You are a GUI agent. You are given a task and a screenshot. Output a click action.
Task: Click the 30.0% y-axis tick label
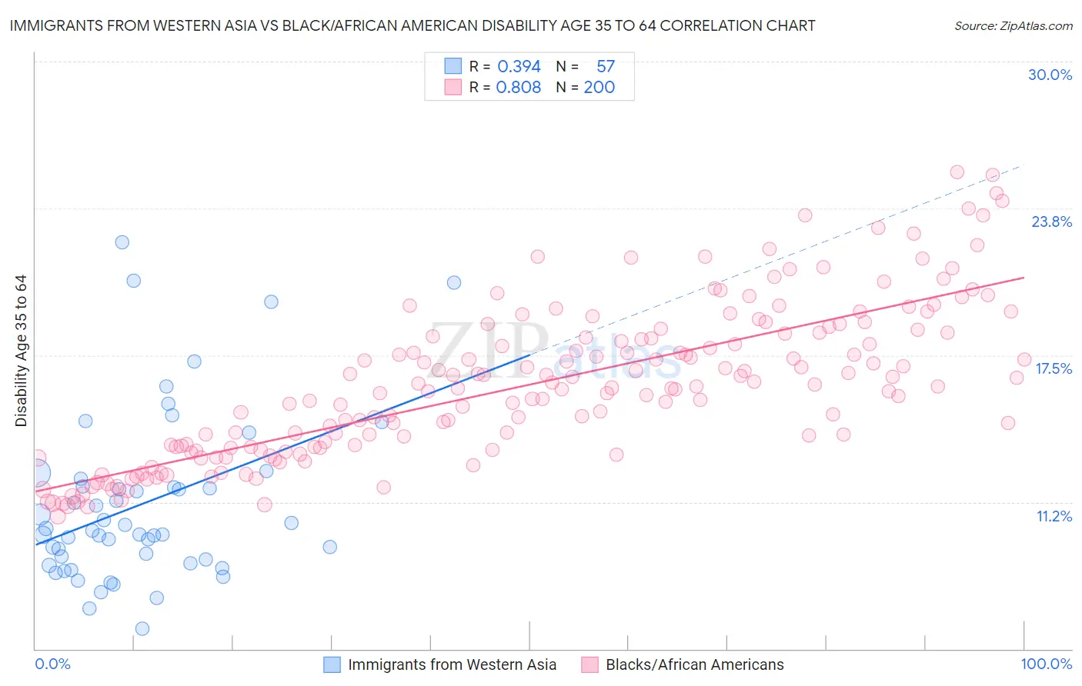(1050, 75)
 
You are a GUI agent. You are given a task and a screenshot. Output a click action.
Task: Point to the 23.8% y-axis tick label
(1051, 221)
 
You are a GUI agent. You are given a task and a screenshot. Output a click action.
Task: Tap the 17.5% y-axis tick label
(1053, 368)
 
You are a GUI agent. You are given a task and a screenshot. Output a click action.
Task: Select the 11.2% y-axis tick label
(1054, 516)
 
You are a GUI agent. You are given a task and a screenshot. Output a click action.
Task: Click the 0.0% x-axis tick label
(52, 664)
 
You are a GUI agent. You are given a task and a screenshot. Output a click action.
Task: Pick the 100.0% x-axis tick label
(1046, 664)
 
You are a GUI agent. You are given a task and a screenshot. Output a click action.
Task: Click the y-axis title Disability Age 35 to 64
(21, 351)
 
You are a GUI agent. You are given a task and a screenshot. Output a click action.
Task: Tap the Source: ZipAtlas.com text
(1013, 25)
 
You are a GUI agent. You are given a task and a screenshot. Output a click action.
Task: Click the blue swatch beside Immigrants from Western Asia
(332, 664)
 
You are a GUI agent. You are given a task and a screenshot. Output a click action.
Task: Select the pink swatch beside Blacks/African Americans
(589, 664)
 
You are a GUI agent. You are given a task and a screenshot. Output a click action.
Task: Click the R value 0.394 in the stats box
(519, 67)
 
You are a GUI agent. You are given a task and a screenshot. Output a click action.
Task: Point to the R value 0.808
(519, 88)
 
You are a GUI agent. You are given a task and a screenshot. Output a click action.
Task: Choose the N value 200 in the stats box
(599, 88)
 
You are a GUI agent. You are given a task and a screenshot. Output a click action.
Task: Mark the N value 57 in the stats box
(606, 67)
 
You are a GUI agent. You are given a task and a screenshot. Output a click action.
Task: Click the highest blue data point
(122, 242)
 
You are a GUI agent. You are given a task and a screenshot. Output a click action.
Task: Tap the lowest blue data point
(142, 629)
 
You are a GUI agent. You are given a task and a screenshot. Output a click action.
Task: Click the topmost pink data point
(957, 172)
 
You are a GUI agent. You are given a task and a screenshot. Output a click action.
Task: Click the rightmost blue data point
(454, 283)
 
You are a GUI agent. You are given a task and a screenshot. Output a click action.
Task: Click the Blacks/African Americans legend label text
(694, 664)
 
